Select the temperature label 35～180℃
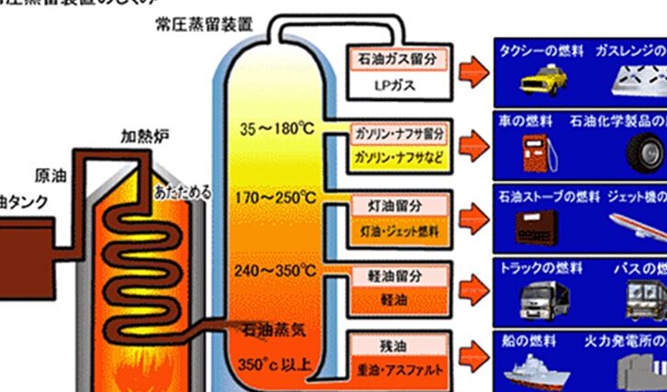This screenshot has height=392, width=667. click(x=277, y=127)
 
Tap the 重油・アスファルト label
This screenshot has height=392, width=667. click(x=401, y=370)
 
